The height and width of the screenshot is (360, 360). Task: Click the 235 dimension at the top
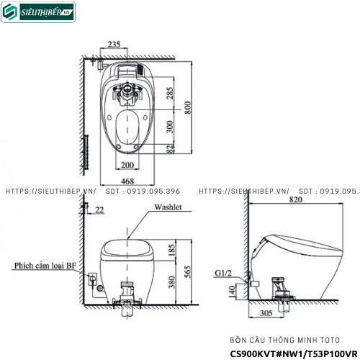point(114,45)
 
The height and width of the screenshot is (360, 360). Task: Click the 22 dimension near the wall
point(99,210)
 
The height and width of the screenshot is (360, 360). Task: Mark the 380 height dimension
point(171,284)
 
